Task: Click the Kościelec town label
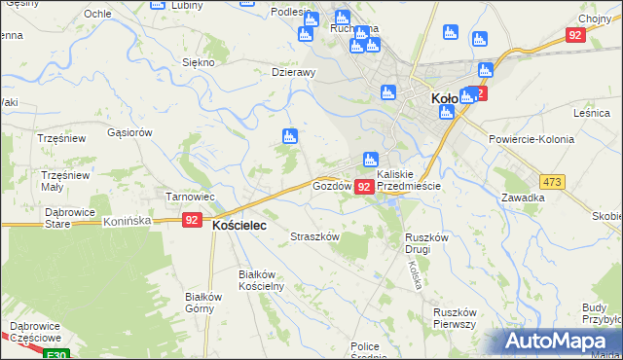point(239,223)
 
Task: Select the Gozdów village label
point(331,185)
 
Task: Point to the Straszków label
point(315,236)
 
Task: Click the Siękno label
point(198,62)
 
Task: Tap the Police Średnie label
point(365,352)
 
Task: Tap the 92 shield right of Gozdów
point(364,186)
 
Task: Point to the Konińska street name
point(127,221)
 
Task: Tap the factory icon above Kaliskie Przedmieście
point(370,160)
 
